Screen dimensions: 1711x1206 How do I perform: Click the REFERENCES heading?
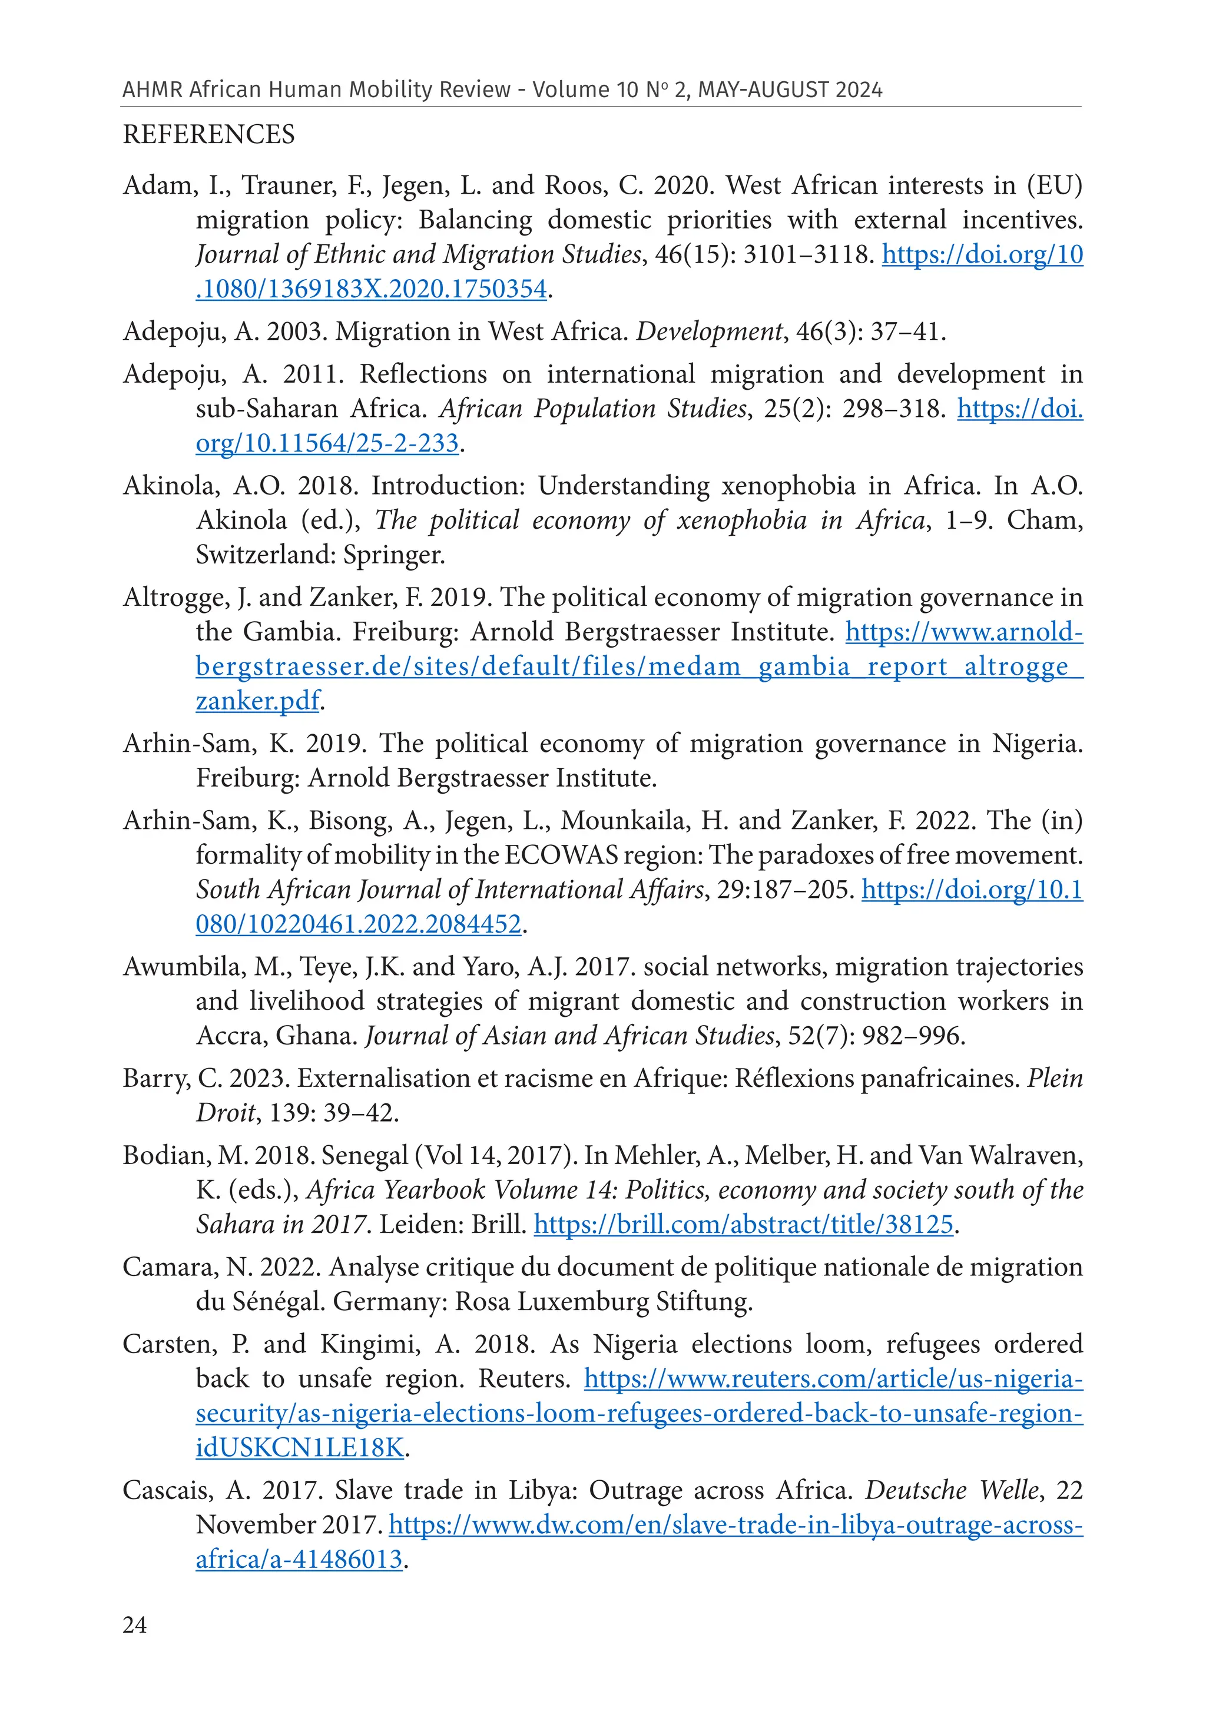coord(208,135)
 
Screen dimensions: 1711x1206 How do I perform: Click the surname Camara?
coord(168,1267)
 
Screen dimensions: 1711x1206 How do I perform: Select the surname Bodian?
coord(166,1155)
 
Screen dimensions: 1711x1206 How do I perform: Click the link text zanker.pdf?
coord(257,701)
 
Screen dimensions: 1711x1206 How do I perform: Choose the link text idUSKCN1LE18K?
coord(299,1448)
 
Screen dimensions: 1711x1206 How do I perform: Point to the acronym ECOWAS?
coord(561,855)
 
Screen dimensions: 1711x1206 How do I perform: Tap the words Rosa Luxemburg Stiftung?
coord(604,1302)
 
